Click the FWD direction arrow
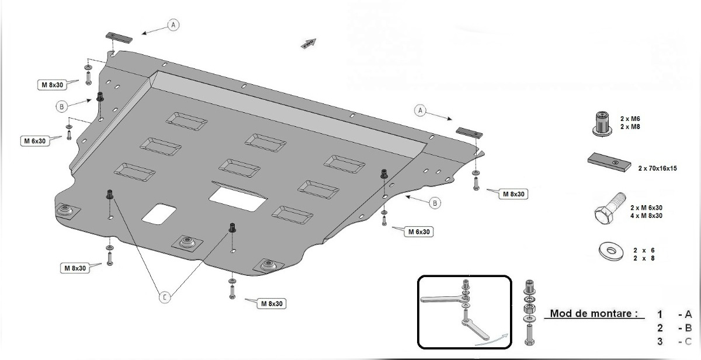pos(308,43)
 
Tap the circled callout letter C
pos(165,297)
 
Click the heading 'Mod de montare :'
pos(594,313)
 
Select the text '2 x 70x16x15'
pos(658,168)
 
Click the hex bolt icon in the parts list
pos(610,209)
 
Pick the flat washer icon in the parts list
pos(610,252)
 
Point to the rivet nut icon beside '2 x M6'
pos(602,124)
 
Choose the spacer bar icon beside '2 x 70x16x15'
pos(609,162)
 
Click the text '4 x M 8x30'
pos(646,216)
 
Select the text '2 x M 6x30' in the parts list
pos(646,208)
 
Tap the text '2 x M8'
pos(630,127)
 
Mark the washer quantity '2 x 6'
pos(644,251)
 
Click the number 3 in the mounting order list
pos(660,341)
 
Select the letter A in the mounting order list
pos(688,314)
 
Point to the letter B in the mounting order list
pos(688,328)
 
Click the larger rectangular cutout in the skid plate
pos(238,199)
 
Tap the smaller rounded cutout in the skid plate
pos(159,214)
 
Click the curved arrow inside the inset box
pos(492,340)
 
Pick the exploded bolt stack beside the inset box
pos(529,313)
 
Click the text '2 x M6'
pos(630,119)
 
